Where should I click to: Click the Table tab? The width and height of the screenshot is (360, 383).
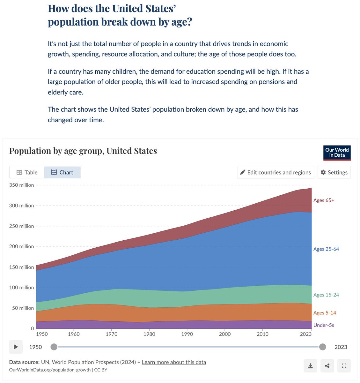pos(27,172)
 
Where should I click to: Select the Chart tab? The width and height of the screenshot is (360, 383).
pos(62,172)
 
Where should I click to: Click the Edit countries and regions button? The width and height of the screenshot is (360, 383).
pos(276,172)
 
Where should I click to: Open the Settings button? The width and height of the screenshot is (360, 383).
pos(334,172)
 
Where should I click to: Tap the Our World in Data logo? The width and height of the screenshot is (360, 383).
pos(337,153)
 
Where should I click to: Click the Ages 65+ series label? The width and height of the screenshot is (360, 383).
pos(324,200)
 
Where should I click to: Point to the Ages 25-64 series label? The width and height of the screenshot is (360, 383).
pos(326,249)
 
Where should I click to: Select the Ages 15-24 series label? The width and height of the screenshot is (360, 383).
pos(326,295)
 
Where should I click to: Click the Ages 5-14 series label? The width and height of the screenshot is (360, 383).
pos(325,313)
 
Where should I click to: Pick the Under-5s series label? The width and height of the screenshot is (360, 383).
pos(324,325)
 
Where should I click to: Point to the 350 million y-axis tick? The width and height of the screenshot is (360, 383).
pos(21,185)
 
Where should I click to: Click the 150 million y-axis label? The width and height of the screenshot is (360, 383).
pos(21,267)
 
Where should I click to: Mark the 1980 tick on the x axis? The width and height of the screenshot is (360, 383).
pos(149,334)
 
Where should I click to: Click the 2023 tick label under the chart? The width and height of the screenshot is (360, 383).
pos(306,334)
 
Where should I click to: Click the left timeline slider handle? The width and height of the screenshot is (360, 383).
pos(54,347)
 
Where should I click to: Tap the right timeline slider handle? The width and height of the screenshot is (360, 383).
pos(323,347)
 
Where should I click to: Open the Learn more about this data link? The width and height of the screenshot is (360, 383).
pos(174,362)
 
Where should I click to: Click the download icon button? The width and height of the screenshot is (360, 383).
pos(310,366)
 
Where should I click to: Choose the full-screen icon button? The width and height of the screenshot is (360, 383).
pos(344,366)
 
